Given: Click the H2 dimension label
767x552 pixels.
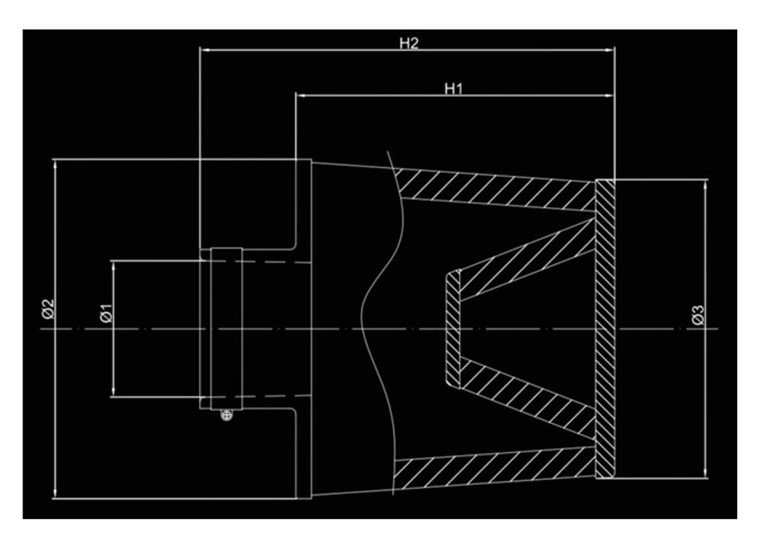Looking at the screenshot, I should pos(408,43).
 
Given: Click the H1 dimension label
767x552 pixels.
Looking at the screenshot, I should pos(454,88).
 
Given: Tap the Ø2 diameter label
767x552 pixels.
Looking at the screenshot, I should pos(47,308).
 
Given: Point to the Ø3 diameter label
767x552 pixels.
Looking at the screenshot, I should pos(697,316).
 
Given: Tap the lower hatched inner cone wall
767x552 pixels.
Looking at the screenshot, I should pos(524,397).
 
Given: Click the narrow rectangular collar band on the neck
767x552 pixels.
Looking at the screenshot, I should pos(226,328).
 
